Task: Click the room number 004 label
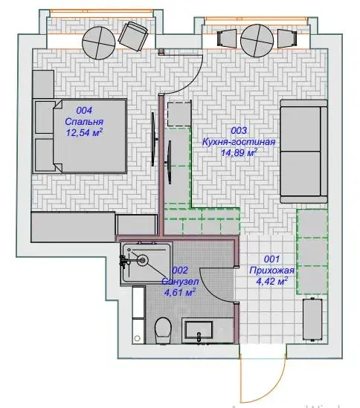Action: click(x=84, y=110)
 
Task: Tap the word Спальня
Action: click(x=84, y=122)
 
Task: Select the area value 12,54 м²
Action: click(x=84, y=132)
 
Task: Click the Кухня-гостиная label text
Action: click(x=239, y=142)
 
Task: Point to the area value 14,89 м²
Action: click(x=239, y=152)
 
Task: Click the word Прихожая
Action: click(x=271, y=271)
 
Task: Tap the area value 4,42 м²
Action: click(x=271, y=281)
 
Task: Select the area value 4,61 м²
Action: click(x=180, y=293)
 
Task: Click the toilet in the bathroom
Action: click(x=163, y=330)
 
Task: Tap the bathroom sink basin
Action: click(x=199, y=331)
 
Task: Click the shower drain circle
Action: click(x=143, y=259)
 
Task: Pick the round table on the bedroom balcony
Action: click(x=99, y=43)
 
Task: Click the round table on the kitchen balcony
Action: click(x=257, y=41)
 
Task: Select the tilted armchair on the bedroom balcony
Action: click(x=133, y=36)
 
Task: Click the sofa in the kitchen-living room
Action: click(x=303, y=151)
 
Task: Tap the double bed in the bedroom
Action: click(x=80, y=136)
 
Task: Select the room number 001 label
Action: click(x=271, y=259)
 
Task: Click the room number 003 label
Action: click(x=239, y=131)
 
